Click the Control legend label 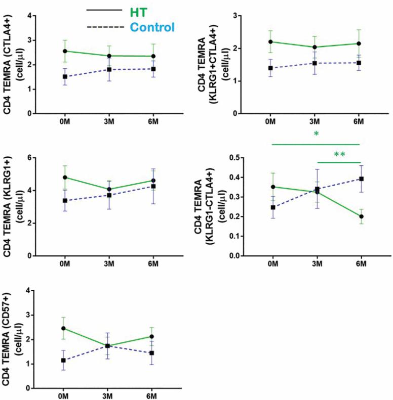pyautogui.click(x=151, y=26)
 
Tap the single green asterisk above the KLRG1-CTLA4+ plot pyautogui.click(x=316, y=134)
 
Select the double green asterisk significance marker pyautogui.click(x=339, y=154)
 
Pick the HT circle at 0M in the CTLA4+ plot pyautogui.click(x=65, y=51)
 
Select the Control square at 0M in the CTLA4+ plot pyautogui.click(x=65, y=77)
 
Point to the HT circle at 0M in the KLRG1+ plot pyautogui.click(x=65, y=177)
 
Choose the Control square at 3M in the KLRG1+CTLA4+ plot pyautogui.click(x=315, y=63)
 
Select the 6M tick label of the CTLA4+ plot pyautogui.click(x=152, y=123)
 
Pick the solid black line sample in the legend pyautogui.click(x=104, y=10)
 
